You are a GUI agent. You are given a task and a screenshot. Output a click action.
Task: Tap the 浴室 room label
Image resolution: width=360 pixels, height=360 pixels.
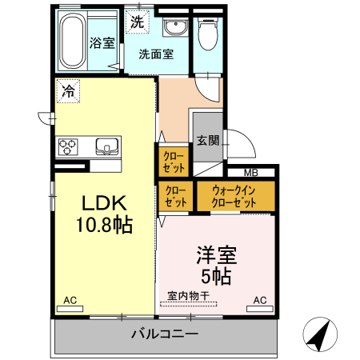point(102,43)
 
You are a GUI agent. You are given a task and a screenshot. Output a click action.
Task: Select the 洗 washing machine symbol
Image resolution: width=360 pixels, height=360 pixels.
point(138,22)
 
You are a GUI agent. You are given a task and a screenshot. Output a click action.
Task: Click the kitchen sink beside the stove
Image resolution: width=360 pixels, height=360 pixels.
point(106,146)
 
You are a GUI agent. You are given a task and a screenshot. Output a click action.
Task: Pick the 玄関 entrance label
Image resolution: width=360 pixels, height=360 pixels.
point(207,140)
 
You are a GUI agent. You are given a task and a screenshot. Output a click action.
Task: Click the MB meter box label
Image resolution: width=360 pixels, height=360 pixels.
point(250,173)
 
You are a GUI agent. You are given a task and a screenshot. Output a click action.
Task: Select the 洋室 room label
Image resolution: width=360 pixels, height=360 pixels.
point(218,257)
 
